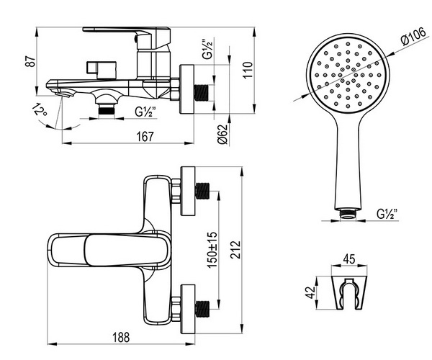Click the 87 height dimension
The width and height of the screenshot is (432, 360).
[31, 61]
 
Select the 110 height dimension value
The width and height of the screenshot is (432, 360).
[248, 70]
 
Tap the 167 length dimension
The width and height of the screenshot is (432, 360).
[145, 137]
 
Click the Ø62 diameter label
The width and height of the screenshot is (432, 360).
[222, 135]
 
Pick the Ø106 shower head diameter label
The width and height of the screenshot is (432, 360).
[414, 37]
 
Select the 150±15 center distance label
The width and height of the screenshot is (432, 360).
[212, 250]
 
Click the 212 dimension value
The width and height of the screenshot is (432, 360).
[235, 250]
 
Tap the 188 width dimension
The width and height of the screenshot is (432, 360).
[121, 337]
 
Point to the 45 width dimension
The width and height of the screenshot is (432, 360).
[349, 259]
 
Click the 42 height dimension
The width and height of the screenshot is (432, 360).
[311, 292]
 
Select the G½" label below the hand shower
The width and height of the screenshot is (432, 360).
[387, 214]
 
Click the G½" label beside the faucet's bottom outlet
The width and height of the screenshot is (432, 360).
[145, 112]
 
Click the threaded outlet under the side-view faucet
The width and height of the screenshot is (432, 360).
[107, 109]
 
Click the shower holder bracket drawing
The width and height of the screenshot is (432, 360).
[349, 292]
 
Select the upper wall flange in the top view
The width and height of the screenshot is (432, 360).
[188, 191]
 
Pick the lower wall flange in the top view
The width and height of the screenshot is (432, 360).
[188, 309]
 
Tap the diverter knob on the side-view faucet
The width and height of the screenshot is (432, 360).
[101, 70]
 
